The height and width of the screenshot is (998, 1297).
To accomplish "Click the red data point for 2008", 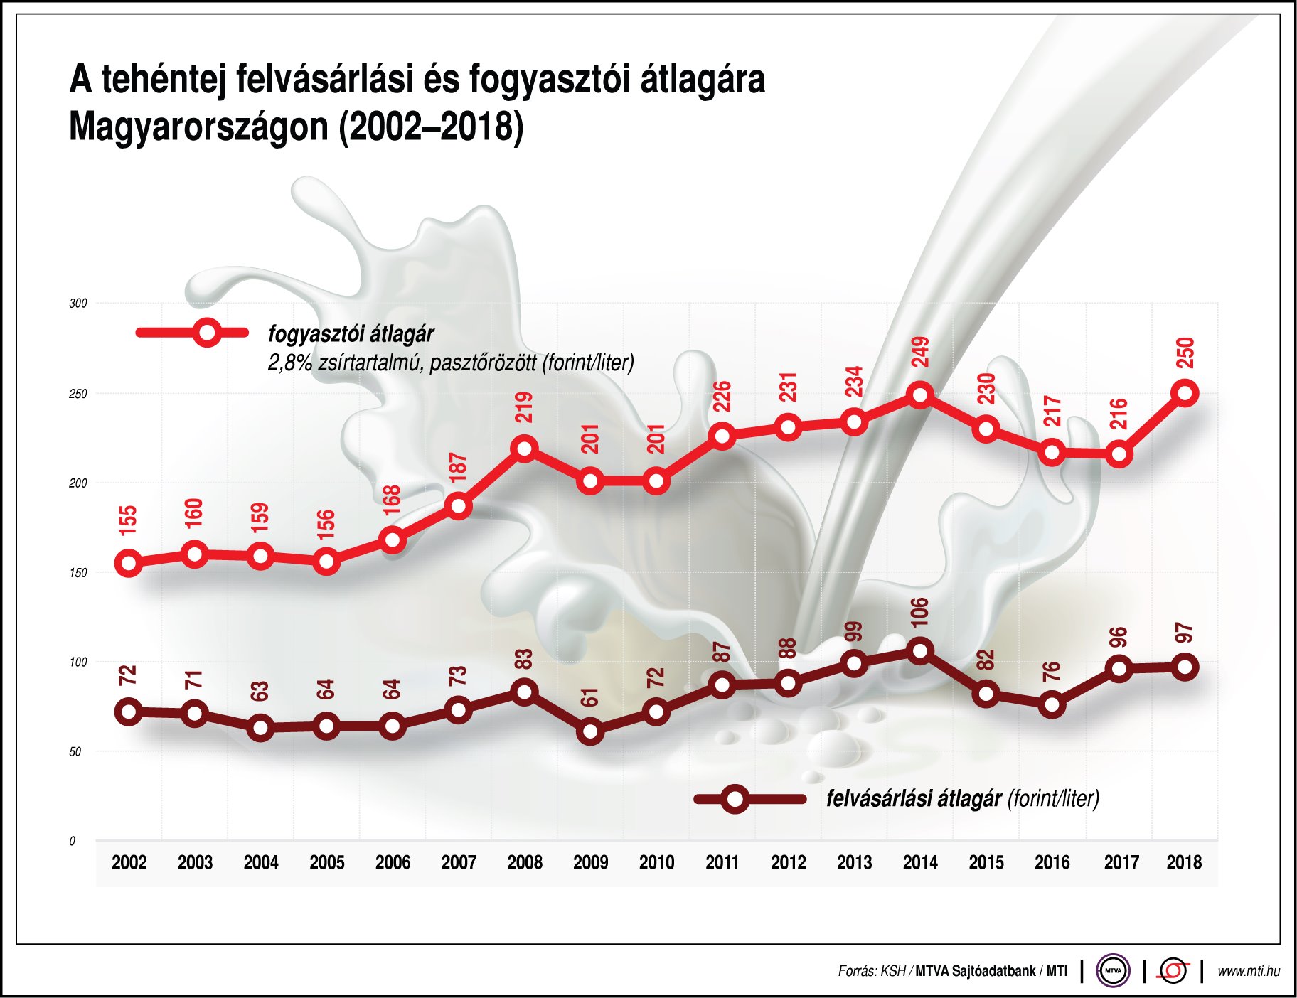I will point(524,449).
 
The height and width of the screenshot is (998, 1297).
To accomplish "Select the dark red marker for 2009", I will point(590,731).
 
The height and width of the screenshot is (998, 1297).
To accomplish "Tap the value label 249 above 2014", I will point(920,353).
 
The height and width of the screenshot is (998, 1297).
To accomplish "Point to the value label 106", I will point(919,612).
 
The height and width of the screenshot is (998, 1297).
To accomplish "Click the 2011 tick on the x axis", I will point(722,862).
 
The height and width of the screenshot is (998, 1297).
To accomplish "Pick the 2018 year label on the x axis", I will point(1184,862).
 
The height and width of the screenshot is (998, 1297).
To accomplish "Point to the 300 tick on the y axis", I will point(78,304).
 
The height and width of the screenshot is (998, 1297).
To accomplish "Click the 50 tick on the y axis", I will point(75,752).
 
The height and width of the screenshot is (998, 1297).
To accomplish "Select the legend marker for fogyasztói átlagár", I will point(207,333).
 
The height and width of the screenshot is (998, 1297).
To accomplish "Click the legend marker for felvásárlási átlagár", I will point(735,799).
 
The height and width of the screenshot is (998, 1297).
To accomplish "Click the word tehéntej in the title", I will point(163,80).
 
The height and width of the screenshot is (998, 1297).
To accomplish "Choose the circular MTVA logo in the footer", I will point(1113,970).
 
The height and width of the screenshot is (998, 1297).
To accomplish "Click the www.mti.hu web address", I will point(1248,971).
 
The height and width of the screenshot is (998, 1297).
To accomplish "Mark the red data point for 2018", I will point(1185,392).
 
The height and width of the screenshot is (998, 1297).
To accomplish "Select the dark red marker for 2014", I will point(920,650).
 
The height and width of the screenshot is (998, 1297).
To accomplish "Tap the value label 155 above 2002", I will point(128,520).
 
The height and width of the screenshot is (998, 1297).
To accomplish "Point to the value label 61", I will point(590,697).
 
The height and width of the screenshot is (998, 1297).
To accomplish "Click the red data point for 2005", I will point(326,562).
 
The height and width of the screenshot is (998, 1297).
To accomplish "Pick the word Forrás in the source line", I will point(856,971).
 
